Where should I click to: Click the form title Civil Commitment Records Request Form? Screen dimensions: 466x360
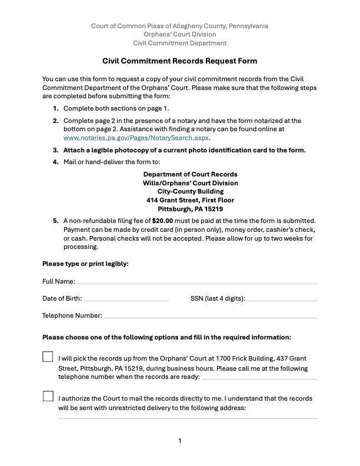point(180,61)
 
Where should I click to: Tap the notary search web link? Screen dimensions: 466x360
point(136,137)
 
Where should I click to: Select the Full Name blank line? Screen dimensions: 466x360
point(197,283)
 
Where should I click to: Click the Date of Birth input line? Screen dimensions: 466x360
point(126,300)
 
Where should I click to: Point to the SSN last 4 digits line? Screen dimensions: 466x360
point(282,300)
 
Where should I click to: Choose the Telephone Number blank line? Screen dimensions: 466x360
point(210,317)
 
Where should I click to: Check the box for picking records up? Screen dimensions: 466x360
point(48,357)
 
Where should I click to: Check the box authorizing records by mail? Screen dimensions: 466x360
point(48,396)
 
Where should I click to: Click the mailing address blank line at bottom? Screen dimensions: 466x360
point(187,418)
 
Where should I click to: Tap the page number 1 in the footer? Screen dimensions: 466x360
point(180,441)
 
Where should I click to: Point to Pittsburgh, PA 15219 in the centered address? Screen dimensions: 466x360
point(191,209)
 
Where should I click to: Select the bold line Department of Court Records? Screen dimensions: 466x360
point(191,175)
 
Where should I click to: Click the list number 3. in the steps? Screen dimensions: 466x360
point(56,150)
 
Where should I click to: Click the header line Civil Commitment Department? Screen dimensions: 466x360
point(180,44)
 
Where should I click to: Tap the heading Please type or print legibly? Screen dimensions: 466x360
point(85,264)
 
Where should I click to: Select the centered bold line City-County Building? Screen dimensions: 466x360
point(191,192)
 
